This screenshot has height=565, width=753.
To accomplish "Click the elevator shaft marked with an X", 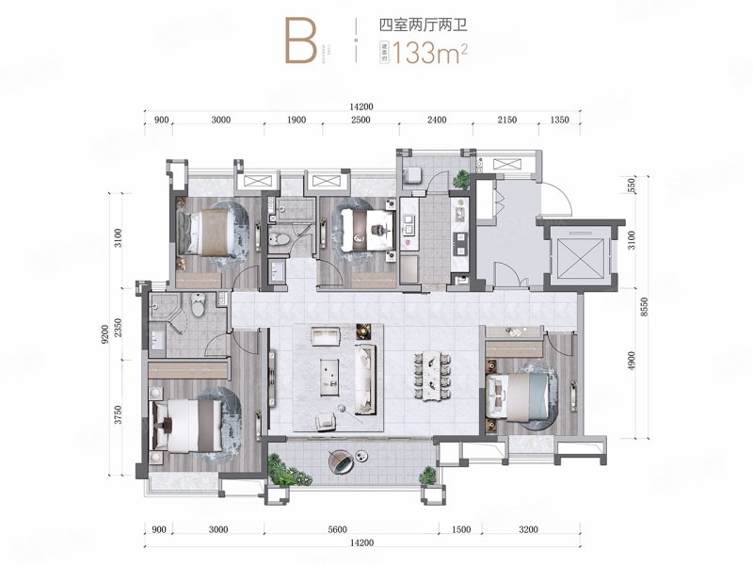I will point(576,253).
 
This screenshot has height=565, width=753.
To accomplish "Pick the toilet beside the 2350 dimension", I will point(197,304).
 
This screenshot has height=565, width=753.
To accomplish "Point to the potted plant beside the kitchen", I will point(460,177).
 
